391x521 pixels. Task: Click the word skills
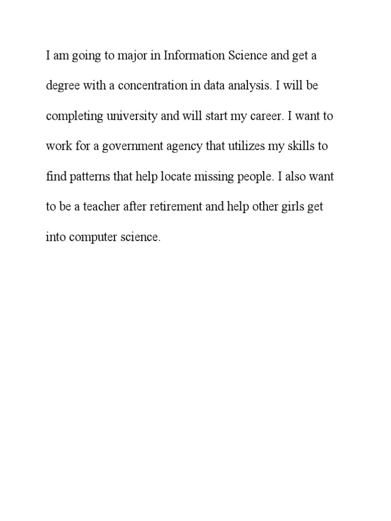point(299,147)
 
